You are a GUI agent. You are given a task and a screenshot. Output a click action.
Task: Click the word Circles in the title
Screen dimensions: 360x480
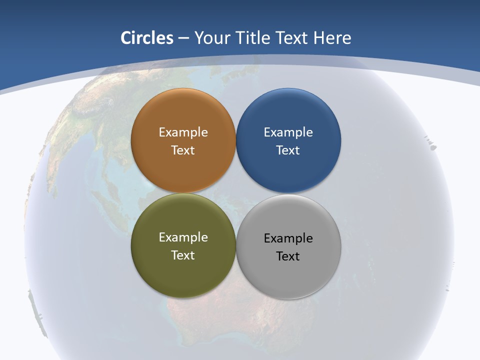147,38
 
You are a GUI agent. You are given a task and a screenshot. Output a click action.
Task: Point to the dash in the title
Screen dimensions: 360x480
184,38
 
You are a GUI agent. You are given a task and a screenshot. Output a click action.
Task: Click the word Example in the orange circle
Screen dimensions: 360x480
183,132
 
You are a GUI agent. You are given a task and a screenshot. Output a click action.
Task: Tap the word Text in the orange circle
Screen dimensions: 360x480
183,150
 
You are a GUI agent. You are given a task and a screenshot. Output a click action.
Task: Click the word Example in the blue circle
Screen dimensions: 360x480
288,132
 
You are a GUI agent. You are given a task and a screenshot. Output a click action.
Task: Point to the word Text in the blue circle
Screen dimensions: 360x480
288,150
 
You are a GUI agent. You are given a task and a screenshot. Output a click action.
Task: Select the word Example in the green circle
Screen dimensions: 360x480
183,237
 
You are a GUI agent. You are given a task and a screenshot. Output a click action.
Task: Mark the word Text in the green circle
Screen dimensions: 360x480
183,255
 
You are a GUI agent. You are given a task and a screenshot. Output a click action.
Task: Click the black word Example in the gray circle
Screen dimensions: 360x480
288,238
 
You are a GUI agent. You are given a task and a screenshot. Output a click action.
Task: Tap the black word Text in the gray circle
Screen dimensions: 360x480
288,256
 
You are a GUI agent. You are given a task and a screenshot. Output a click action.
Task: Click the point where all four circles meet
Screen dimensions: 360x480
236,193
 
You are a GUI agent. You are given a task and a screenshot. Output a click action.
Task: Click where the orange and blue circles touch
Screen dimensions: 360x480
236,140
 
